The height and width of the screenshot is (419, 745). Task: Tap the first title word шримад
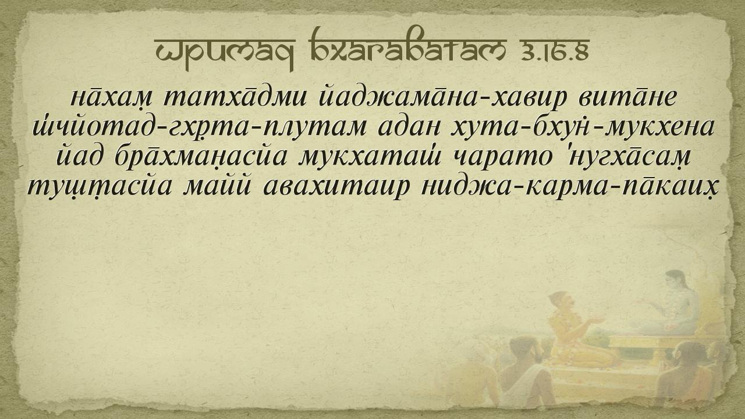tap(225, 52)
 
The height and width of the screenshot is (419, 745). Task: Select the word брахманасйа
tap(201, 157)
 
